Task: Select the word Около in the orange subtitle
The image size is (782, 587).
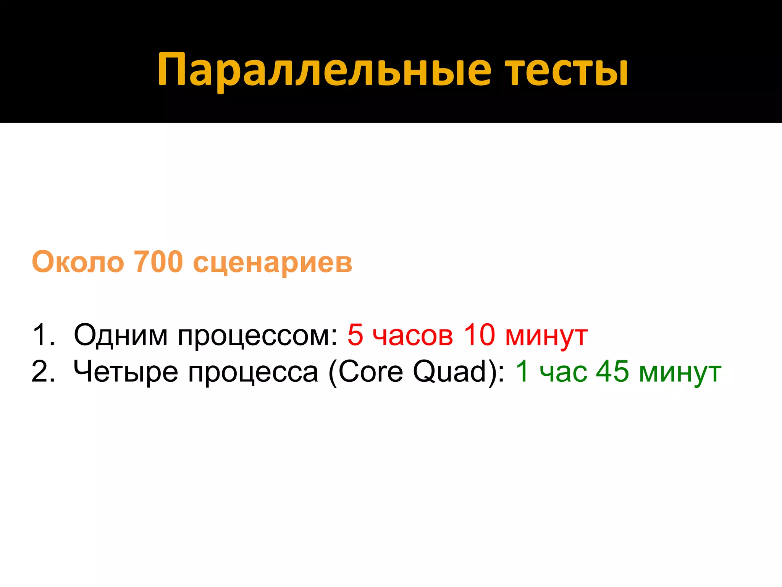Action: pyautogui.click(x=78, y=262)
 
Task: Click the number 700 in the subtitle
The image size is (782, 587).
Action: pyautogui.click(x=159, y=262)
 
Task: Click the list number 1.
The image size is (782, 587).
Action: pyautogui.click(x=43, y=335)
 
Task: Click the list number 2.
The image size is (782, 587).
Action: pyautogui.click(x=43, y=371)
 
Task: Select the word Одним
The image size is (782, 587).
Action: pyautogui.click(x=121, y=335)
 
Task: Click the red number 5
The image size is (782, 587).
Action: pyautogui.click(x=355, y=335)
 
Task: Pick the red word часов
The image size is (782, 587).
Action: pyautogui.click(x=413, y=336)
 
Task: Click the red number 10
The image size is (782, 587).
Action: pyautogui.click(x=480, y=335)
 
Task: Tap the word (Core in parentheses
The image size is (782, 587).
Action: pyautogui.click(x=365, y=371)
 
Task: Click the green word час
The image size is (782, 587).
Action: pyautogui.click(x=563, y=372)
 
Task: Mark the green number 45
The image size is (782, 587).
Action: pyautogui.click(x=612, y=371)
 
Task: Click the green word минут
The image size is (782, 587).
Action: pyautogui.click(x=680, y=373)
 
